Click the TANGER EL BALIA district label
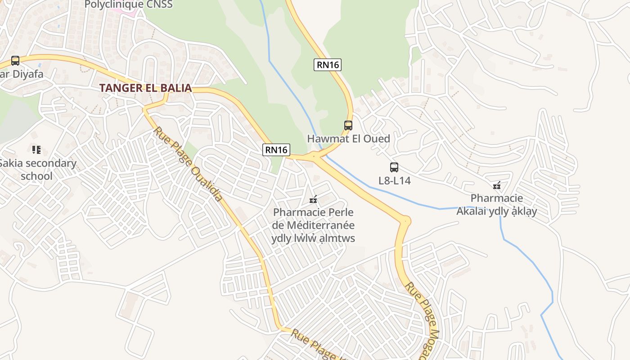tap(146, 88)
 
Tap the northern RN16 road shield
tap(328, 65)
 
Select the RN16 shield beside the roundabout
tap(276, 150)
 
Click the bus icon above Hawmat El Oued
tap(348, 126)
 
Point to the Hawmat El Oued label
tap(348, 139)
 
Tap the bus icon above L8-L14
tap(394, 167)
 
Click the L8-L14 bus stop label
tap(394, 180)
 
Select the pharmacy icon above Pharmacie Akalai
tap(497, 185)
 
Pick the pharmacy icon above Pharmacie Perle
tap(313, 199)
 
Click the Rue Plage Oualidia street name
tap(188, 164)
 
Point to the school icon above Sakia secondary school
tap(36, 149)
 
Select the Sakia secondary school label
tap(37, 169)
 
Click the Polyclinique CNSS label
tap(129, 5)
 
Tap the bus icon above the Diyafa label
tap(15, 61)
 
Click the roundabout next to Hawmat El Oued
tap(315, 157)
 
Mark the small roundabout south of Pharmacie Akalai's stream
tap(405, 220)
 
